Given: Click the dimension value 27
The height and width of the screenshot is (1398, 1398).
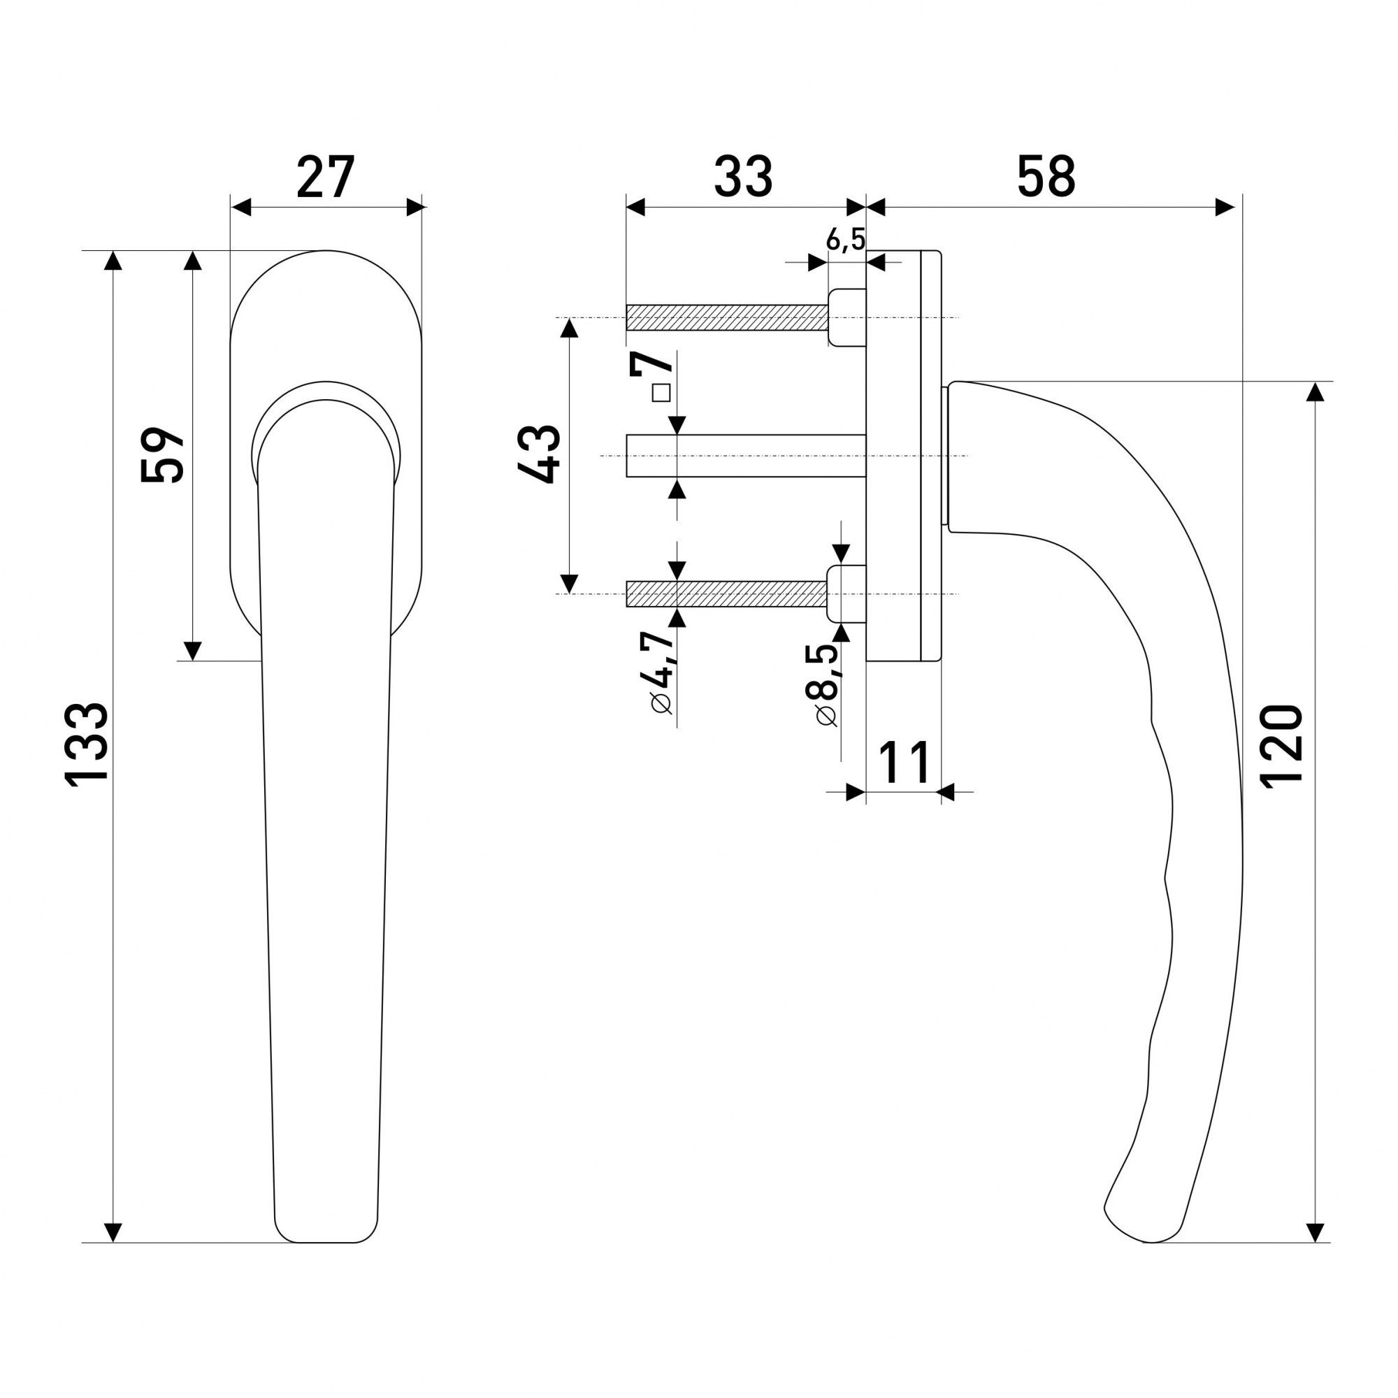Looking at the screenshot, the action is pos(326,177).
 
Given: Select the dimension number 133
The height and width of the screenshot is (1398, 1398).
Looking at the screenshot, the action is pos(87,743).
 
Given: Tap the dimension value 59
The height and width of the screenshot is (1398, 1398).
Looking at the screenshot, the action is pos(162,454).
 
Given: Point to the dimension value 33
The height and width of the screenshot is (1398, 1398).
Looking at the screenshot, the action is pos(743,177).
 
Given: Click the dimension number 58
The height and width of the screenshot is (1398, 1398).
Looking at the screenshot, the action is pos(1046,177).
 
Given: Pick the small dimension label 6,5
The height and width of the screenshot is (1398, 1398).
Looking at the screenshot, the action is pos(845,239).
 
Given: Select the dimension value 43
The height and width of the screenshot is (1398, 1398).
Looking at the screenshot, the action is pos(539,454).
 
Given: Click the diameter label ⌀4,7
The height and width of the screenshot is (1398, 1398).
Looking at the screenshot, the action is pos(661,672).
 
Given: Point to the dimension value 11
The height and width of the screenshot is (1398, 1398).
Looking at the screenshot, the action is pos(905,763).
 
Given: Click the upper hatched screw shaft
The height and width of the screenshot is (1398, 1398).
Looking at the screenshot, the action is pos(726,317).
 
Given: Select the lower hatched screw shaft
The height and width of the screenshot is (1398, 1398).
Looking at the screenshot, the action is pos(726,594).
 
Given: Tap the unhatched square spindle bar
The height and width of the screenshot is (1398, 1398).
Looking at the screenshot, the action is pos(746,456).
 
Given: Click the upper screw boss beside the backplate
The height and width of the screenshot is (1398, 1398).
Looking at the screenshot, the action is pos(847,317).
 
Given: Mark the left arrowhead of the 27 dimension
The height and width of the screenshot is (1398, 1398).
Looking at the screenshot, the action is pos(240,208).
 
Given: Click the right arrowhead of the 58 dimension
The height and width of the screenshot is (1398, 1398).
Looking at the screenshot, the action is pos(1225,208).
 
